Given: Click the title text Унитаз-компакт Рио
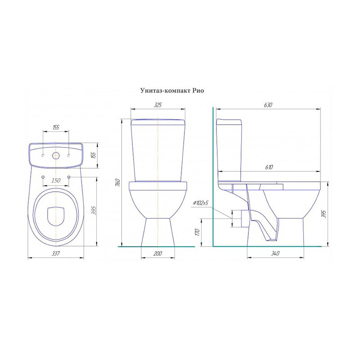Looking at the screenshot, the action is (x=172, y=91).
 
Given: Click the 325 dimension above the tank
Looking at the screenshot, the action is (x=157, y=105).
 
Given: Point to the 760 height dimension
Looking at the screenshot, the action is (x=117, y=182).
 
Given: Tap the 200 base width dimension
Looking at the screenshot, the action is (x=158, y=253).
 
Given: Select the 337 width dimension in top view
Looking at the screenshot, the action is (x=55, y=253).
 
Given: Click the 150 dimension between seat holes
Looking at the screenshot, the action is (x=56, y=180).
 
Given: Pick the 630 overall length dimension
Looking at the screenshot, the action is (x=268, y=105).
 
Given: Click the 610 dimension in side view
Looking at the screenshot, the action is (x=269, y=167).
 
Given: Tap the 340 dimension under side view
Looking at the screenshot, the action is (x=275, y=253).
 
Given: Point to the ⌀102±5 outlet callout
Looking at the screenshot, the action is (x=201, y=203).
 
